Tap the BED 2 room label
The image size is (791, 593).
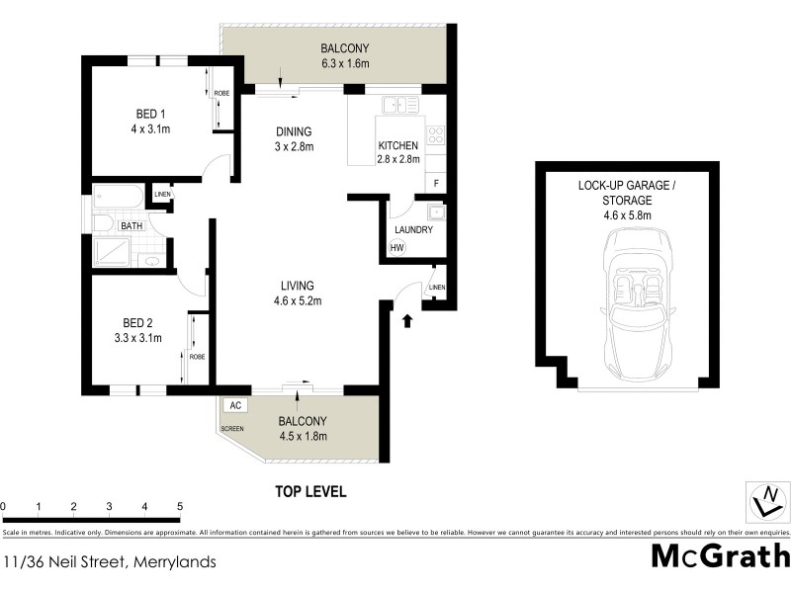137,322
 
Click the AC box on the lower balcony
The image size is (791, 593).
234,405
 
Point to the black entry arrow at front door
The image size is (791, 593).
408,318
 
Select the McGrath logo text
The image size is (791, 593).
720,556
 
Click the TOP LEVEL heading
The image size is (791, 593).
310,490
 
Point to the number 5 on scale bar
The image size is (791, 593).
180,506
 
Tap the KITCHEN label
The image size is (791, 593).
398,145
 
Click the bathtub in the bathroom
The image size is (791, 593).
118,197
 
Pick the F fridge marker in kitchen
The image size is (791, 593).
436,183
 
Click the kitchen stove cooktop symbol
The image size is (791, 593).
435,136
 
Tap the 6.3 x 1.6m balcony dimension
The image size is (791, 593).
345,64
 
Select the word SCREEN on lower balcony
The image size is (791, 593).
233,429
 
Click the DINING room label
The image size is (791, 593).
294,131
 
